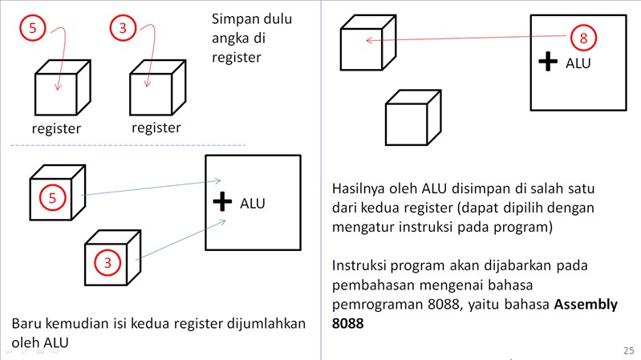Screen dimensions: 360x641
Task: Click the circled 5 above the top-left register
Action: (x=32, y=30)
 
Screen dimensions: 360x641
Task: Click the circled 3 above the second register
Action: (x=122, y=30)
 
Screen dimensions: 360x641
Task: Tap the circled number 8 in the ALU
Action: (x=583, y=38)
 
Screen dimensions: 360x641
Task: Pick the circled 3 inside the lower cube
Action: (x=107, y=261)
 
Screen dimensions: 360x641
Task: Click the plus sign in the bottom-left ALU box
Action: (x=222, y=202)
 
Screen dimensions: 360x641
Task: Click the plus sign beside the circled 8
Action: (x=547, y=62)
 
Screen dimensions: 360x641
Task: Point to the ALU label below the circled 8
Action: (x=578, y=63)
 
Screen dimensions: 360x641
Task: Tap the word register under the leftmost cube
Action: (x=56, y=128)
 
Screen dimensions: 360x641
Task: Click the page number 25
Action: (x=627, y=350)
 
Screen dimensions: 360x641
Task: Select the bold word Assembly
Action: (x=586, y=305)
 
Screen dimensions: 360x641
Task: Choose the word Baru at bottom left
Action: (x=26, y=323)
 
